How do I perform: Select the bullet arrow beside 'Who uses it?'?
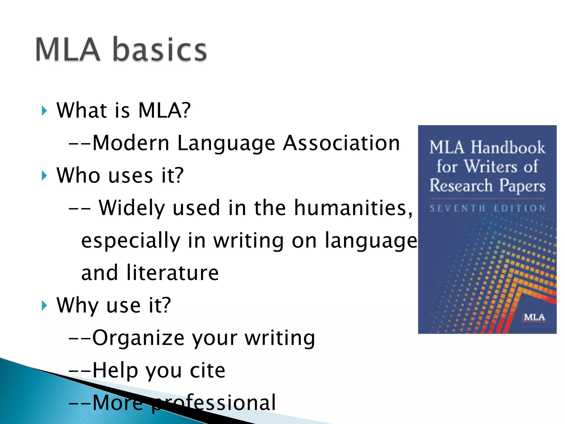[44, 176]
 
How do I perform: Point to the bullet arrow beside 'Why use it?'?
[44, 306]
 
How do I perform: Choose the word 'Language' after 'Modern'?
[226, 144]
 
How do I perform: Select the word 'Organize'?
[138, 338]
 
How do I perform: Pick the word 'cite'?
[207, 370]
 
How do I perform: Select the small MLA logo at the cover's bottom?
[534, 317]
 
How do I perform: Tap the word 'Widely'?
[132, 208]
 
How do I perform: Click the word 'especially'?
[131, 241]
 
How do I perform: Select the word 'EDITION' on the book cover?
[519, 208]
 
